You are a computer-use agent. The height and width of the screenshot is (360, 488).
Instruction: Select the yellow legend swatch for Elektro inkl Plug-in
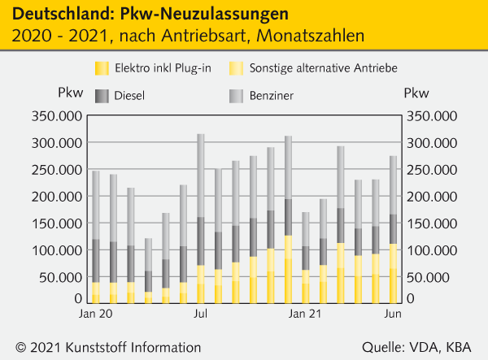(x=101, y=67)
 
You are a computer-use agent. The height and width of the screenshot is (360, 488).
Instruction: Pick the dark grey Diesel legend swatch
(x=101, y=96)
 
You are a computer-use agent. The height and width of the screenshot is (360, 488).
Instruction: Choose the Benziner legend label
(x=272, y=96)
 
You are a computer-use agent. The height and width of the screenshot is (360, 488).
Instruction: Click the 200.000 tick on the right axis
(x=434, y=197)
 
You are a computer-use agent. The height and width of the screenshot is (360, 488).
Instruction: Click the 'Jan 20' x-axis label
(x=95, y=312)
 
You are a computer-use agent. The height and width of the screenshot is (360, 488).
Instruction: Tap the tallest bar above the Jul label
(x=201, y=219)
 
